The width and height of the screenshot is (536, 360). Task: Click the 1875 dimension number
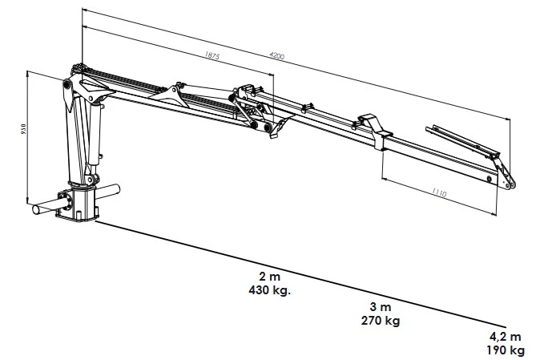[212, 58]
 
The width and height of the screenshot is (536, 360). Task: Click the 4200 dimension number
[276, 58]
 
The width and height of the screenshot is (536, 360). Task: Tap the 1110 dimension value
[440, 192]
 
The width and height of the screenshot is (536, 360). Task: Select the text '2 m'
[269, 277]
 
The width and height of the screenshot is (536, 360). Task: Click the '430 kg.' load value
[269, 289]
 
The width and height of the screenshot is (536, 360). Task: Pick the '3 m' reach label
[381, 308]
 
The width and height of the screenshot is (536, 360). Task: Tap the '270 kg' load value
[381, 321]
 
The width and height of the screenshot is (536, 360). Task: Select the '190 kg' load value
[505, 350]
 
